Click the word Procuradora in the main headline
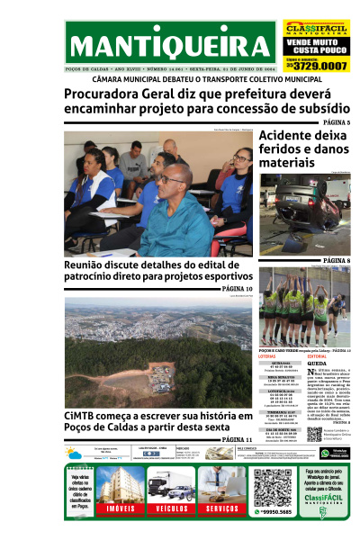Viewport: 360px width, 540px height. coord(106,93)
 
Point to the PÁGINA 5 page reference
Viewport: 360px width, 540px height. coord(336,122)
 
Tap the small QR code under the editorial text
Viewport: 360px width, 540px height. coord(314,433)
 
